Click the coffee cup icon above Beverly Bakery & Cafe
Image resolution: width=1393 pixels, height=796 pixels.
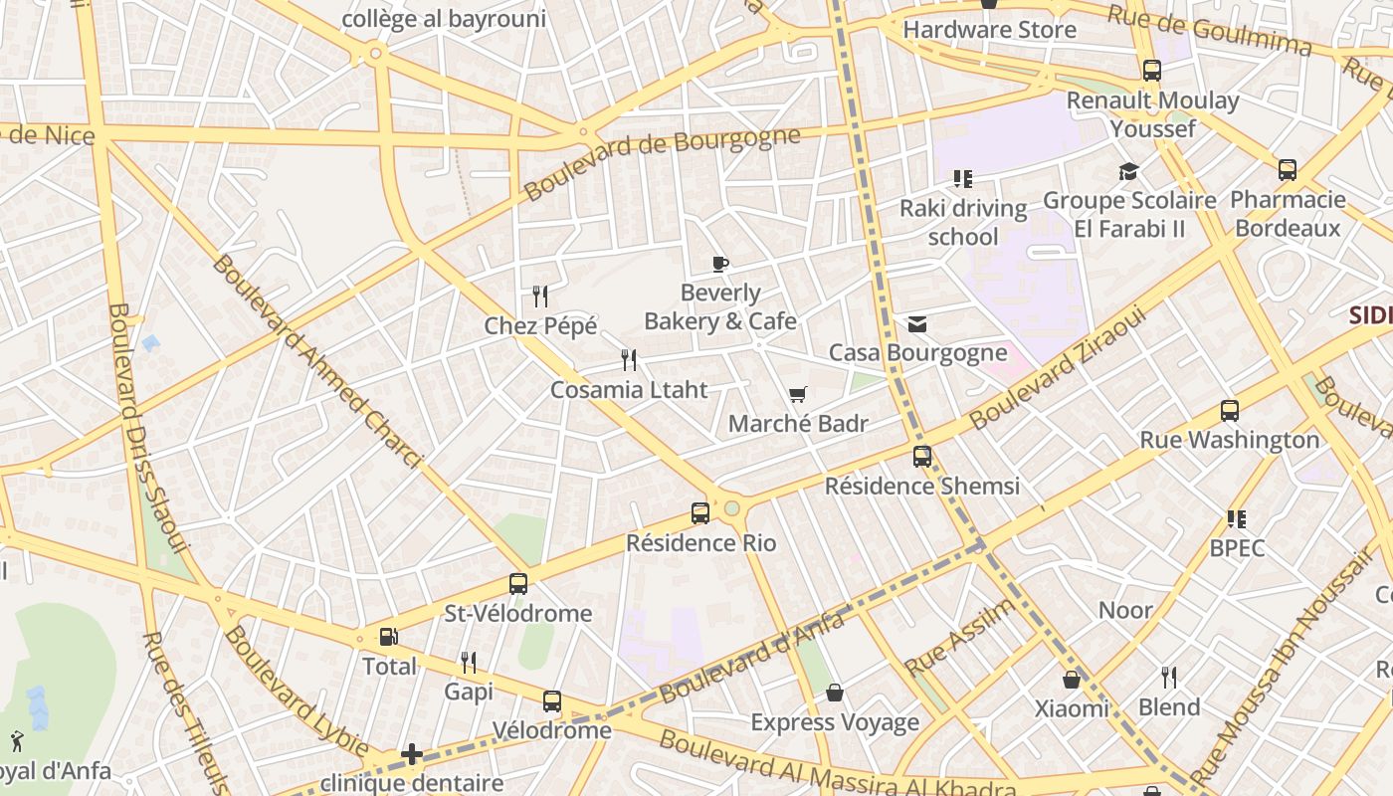click(x=720, y=264)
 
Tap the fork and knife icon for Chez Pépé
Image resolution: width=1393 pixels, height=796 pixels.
click(x=540, y=297)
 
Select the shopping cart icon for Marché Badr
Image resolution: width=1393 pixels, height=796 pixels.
click(x=797, y=395)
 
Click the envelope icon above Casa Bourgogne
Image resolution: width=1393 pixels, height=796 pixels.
click(x=916, y=324)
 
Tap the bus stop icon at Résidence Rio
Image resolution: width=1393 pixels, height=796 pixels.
click(x=700, y=513)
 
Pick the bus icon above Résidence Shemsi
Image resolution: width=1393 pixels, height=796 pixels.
click(x=922, y=457)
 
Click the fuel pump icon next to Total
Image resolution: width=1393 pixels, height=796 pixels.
click(x=388, y=637)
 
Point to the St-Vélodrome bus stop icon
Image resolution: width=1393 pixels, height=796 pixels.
click(x=518, y=584)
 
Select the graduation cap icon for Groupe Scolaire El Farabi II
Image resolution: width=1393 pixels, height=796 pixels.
click(x=1128, y=172)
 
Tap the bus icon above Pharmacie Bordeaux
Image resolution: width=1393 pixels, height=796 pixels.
click(x=1288, y=170)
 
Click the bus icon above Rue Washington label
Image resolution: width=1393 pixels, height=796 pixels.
click(x=1230, y=411)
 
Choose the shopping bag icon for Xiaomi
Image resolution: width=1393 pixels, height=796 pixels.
click(x=1072, y=680)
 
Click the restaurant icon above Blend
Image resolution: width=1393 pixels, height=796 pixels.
click(x=1169, y=678)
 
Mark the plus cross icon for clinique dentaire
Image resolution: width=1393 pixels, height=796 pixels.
click(x=412, y=754)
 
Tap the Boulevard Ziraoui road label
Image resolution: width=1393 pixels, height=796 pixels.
click(x=1058, y=368)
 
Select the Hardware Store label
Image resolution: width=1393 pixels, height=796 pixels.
click(x=989, y=30)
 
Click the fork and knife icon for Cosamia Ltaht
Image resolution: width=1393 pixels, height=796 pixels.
click(x=629, y=360)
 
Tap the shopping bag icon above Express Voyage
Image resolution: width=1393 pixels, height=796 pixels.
click(x=835, y=693)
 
